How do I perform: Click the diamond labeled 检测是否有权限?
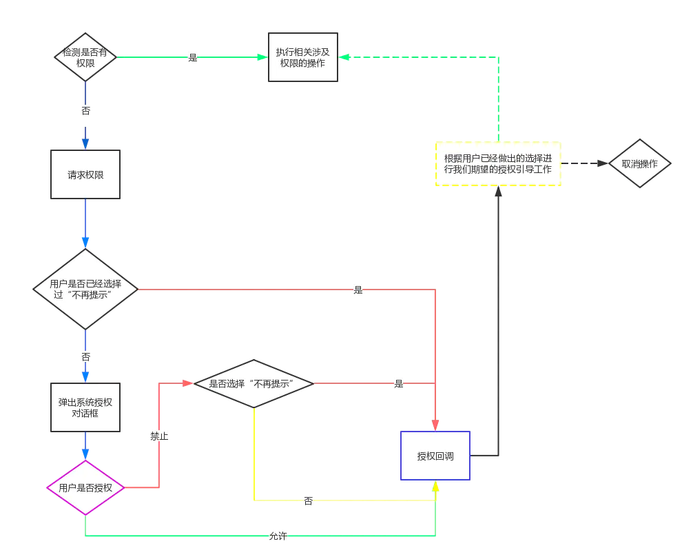pos(85,57)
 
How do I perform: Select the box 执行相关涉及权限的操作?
pos(302,57)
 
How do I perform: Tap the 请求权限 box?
pos(85,174)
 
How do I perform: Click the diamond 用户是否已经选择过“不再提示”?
pos(85,289)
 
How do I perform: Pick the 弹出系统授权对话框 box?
pos(85,407)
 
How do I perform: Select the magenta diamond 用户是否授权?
pos(85,487)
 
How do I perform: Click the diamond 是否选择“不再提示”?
pos(254,383)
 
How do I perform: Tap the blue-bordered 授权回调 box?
pos(435,456)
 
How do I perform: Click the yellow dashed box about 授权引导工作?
pos(498,163)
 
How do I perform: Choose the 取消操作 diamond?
pos(639,163)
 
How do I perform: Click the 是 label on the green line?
pos(193,57)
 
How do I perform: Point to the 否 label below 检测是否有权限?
pos(85,110)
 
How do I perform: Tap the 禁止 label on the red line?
pos(159,436)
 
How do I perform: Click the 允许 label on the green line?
pos(278,536)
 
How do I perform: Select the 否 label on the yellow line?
pos(308,500)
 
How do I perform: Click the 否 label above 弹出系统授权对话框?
pos(85,356)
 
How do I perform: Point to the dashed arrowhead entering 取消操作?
pos(603,163)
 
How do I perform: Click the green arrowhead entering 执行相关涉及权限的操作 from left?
pos(262,57)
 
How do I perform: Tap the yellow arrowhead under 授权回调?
pos(435,486)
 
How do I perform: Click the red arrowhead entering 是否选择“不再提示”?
pos(188,383)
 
